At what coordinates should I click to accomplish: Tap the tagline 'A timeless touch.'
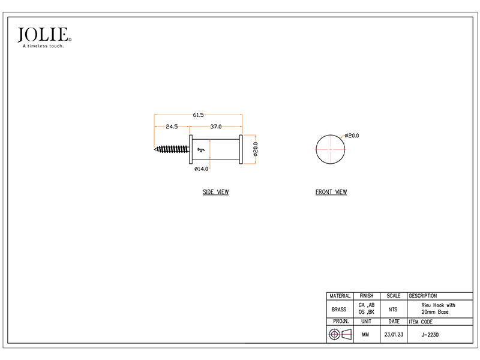43,46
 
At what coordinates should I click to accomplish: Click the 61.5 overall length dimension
198,115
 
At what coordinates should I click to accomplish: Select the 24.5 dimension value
172,127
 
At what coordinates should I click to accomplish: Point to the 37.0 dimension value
216,127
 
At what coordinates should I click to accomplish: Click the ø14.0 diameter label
202,169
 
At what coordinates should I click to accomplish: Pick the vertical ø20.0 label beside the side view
256,149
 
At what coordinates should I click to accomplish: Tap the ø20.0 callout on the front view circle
352,136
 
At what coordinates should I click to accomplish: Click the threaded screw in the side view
172,149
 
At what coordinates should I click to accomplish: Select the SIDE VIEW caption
216,192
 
